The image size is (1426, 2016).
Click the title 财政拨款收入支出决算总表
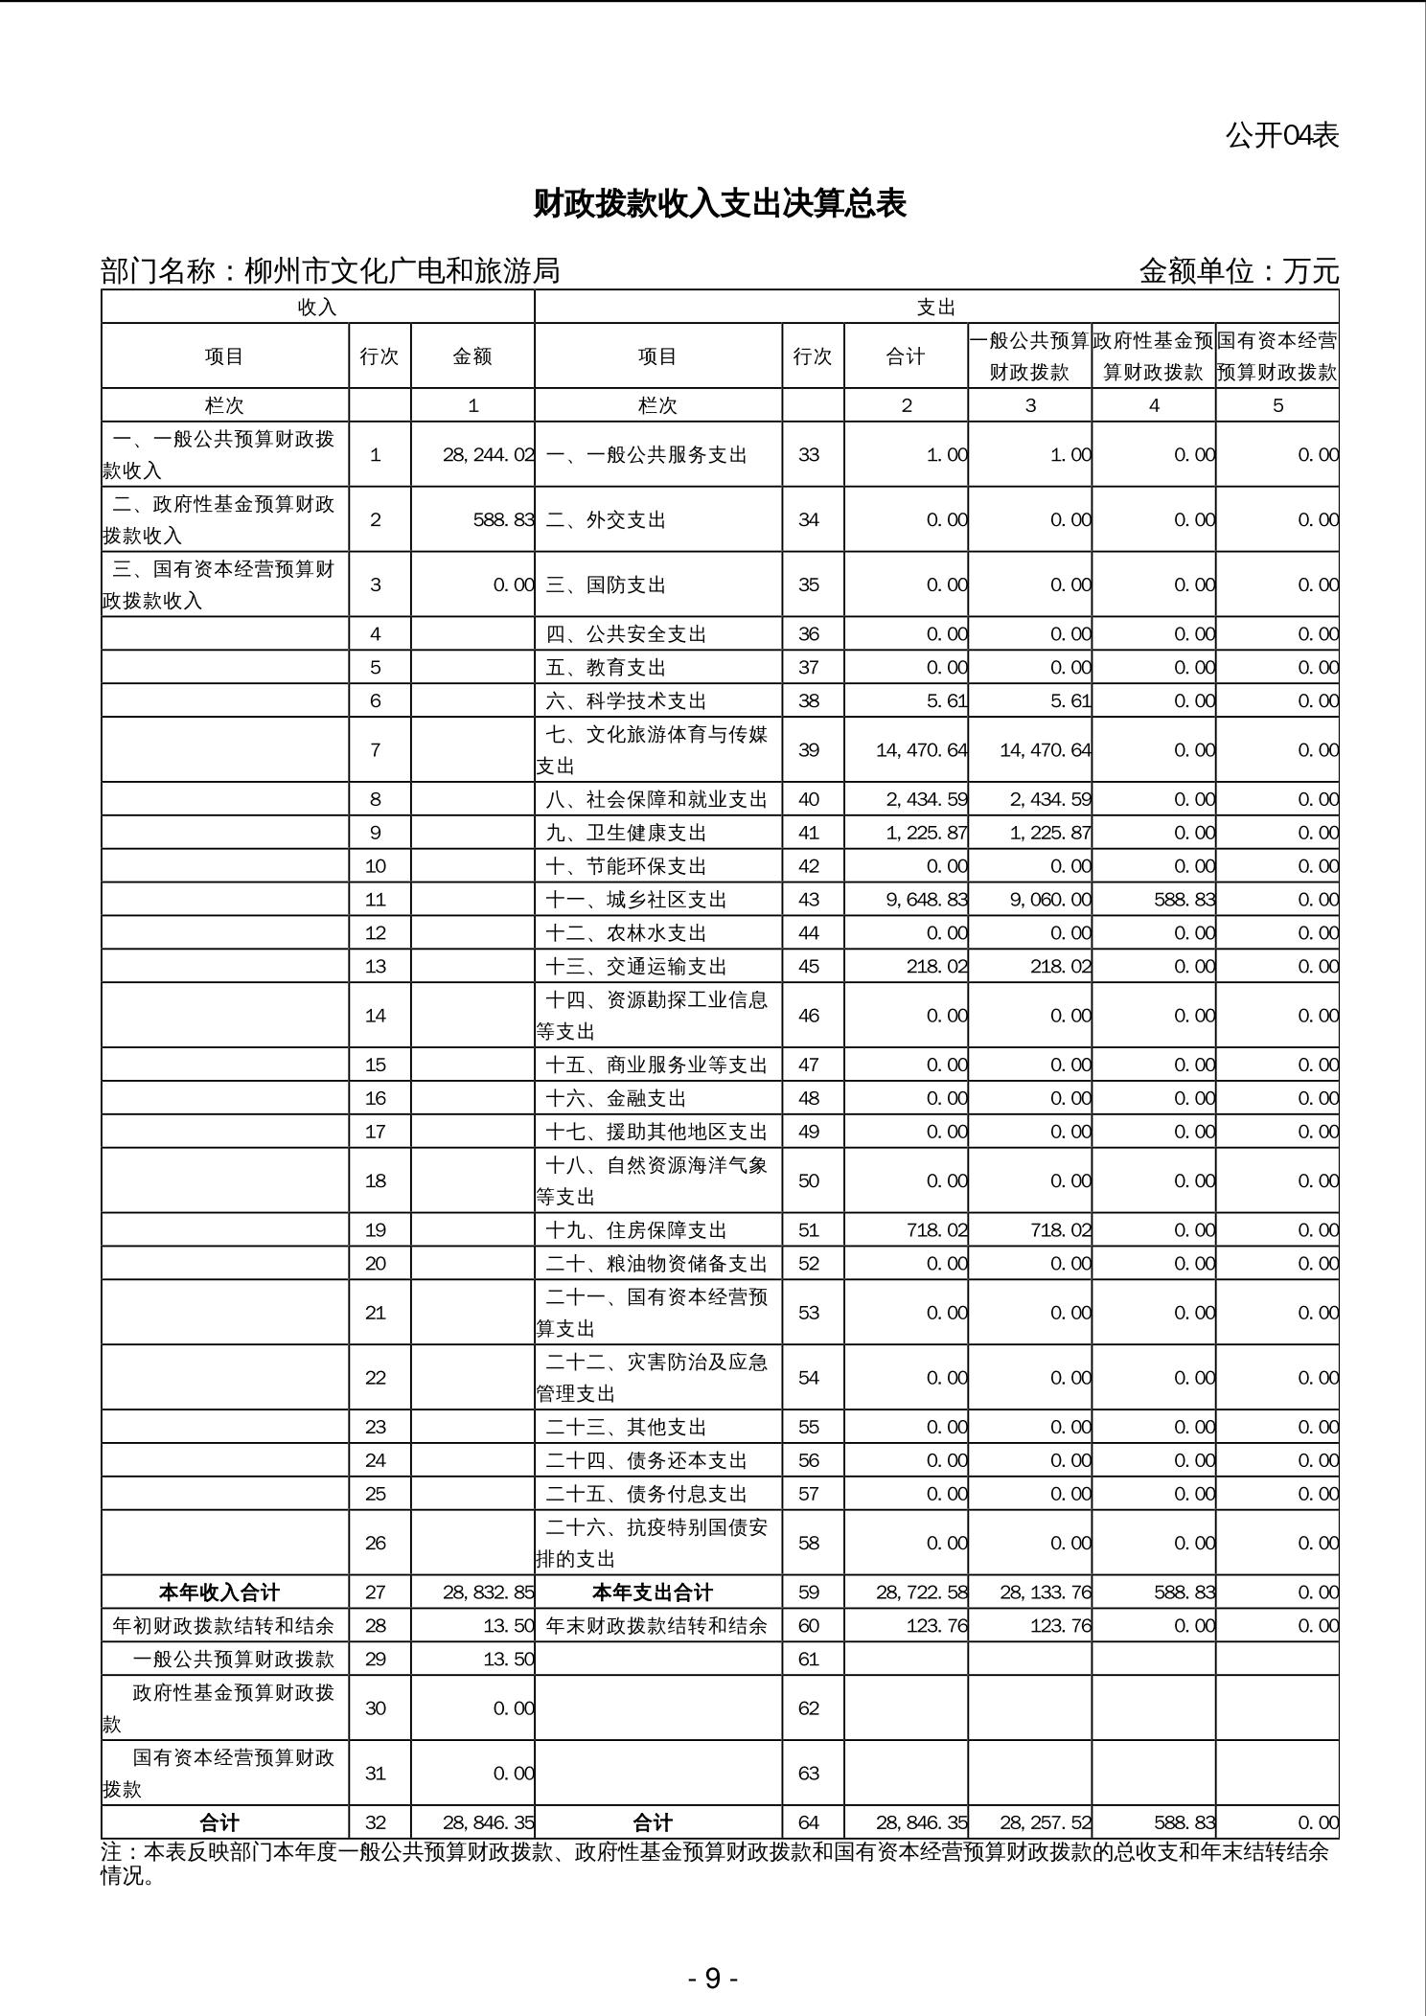(719, 204)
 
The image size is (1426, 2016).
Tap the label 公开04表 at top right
(1281, 136)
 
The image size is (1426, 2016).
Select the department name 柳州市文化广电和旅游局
(402, 271)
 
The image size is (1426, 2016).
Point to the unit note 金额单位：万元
(1238, 271)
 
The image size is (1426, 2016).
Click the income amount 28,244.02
(488, 455)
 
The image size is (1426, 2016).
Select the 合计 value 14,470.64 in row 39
(921, 749)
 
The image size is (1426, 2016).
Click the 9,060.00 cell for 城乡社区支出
(1050, 900)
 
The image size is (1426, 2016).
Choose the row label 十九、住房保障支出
(635, 1230)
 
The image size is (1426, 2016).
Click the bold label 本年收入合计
(219, 1592)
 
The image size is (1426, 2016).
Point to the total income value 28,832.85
(488, 1592)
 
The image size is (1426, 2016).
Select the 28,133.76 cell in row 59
(1045, 1592)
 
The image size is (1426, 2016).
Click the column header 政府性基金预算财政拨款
(1154, 356)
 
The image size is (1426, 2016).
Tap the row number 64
(809, 1822)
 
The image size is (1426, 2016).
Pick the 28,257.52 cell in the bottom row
(1045, 1822)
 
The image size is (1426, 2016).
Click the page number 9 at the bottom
(712, 1979)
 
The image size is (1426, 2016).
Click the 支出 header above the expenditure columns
(936, 308)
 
